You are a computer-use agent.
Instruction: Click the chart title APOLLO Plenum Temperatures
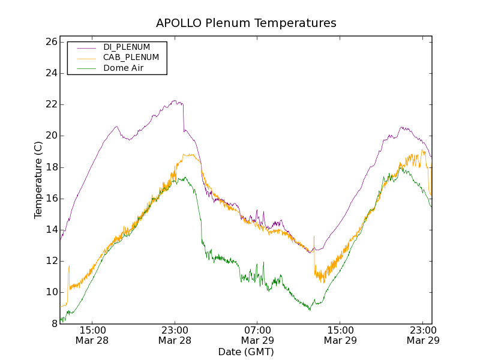pos(246,23)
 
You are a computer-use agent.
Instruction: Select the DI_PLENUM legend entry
pos(127,47)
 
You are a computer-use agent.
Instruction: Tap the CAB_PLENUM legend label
pos(131,58)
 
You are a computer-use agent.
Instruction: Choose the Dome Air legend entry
pos(123,68)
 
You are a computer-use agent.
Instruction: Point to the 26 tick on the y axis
pos(50,42)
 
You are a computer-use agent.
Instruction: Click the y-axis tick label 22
pos(50,104)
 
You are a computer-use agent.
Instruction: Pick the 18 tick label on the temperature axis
pos(50,167)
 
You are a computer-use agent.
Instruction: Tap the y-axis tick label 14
pos(50,230)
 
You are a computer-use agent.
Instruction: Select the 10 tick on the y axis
pos(50,292)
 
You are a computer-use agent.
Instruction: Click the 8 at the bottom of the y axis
pos(53,323)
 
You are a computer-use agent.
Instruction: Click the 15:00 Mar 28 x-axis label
pos(92,335)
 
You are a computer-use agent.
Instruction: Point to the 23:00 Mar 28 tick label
pos(175,335)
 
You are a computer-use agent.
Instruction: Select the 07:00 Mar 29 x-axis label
pos(257,335)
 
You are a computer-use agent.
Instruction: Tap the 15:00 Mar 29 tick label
pos(340,335)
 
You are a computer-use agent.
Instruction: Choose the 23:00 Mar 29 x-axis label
pos(422,335)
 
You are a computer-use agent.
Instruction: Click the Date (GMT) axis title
pos(246,352)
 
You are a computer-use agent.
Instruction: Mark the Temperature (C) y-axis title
pos(38,180)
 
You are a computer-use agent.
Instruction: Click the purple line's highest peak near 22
pos(175,101)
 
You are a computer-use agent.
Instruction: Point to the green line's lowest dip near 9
pos(310,310)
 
